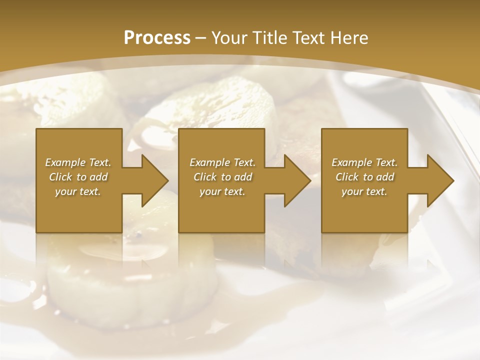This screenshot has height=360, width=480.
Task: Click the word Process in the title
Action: pyautogui.click(x=157, y=38)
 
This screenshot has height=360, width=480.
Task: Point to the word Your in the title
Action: pyautogui.click(x=230, y=38)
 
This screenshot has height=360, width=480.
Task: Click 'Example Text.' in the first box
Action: pyautogui.click(x=78, y=162)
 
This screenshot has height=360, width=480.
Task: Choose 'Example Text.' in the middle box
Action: pyautogui.click(x=222, y=162)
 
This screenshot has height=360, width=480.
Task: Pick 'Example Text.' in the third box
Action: pyautogui.click(x=364, y=162)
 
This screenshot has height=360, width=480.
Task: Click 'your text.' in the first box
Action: pyautogui.click(x=78, y=191)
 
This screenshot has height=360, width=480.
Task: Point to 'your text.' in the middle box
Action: pyautogui.click(x=222, y=191)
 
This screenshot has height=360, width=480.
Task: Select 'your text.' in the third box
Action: pyautogui.click(x=364, y=191)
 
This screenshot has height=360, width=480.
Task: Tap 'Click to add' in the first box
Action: pyautogui.click(x=78, y=177)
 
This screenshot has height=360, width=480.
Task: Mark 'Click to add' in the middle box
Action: pyautogui.click(x=222, y=177)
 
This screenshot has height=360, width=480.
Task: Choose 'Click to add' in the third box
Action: pyautogui.click(x=364, y=177)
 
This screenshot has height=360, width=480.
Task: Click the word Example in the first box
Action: pyautogui.click(x=65, y=162)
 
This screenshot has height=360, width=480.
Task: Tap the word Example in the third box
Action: pyautogui.click(x=351, y=162)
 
